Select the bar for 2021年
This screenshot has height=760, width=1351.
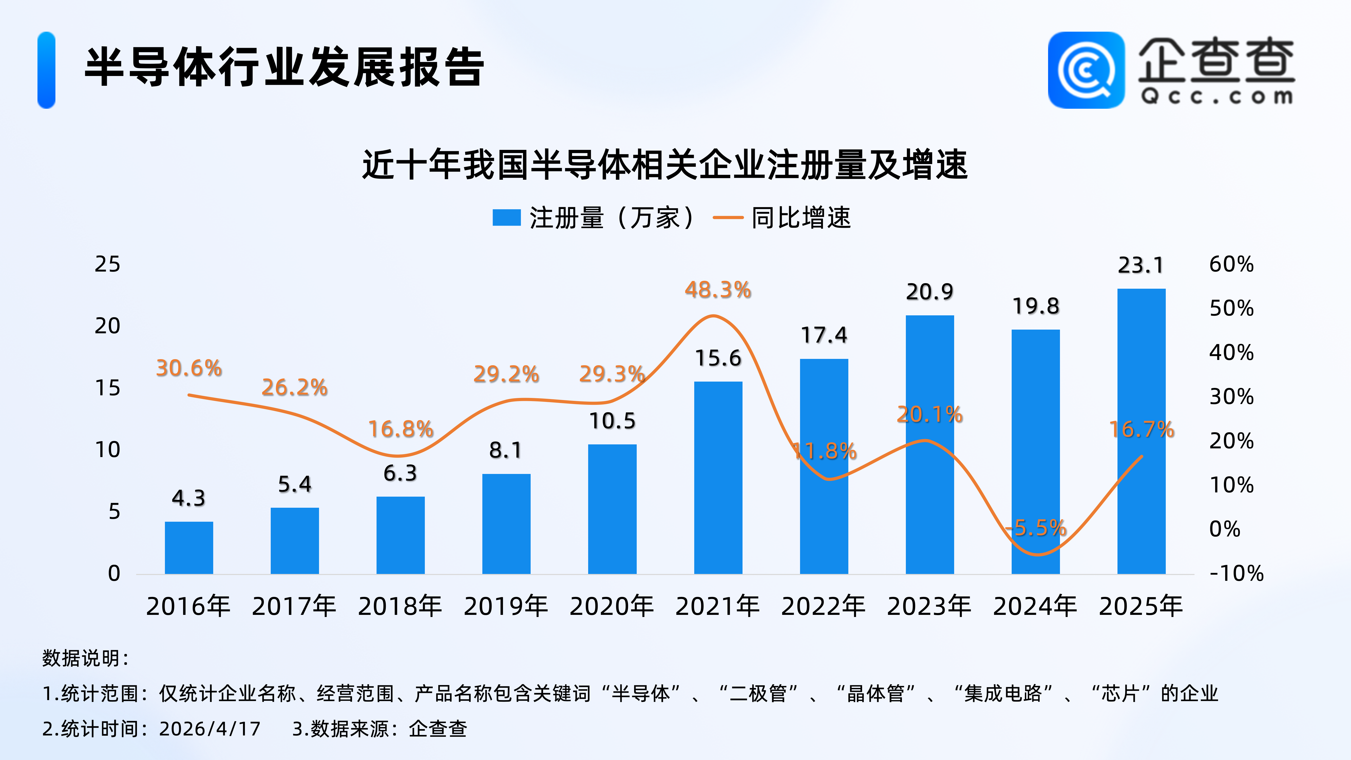click(x=718, y=477)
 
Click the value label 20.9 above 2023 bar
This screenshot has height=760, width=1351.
click(x=929, y=292)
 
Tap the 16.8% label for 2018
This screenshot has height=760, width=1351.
click(x=401, y=429)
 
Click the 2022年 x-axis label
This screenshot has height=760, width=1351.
click(x=823, y=606)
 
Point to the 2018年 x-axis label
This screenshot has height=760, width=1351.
click(x=400, y=606)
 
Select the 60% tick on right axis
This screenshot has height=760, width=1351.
click(x=1231, y=264)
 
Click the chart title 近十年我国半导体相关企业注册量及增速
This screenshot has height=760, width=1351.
click(x=664, y=165)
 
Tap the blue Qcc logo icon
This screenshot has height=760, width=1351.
click(x=1086, y=70)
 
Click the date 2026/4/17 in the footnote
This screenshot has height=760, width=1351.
click(x=210, y=729)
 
